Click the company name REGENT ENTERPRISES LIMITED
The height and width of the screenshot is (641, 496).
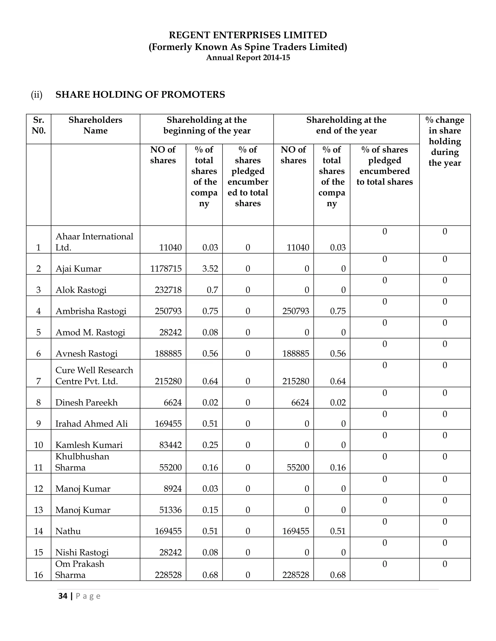point(248,35)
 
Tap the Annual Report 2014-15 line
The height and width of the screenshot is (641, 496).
point(248,58)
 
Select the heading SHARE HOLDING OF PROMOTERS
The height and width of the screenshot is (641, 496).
point(140,95)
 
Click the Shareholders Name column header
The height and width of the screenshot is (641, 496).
point(95,125)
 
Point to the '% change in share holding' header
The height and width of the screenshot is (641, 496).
point(445,141)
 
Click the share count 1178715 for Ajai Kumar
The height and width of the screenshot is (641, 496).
point(166,269)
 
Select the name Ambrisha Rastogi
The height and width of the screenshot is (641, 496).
point(91,311)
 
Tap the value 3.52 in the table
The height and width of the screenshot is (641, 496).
point(210,269)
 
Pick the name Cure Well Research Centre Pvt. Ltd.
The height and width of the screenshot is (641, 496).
point(94,376)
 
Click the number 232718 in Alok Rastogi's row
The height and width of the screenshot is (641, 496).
point(168,290)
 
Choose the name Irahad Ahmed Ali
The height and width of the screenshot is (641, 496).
point(91,424)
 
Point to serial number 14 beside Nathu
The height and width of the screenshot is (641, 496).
point(39,531)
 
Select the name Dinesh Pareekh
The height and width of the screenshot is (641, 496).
point(86,403)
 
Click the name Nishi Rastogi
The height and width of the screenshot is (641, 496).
point(82,553)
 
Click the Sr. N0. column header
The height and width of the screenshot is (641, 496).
point(39,125)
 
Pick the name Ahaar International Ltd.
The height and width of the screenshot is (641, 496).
point(94,242)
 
